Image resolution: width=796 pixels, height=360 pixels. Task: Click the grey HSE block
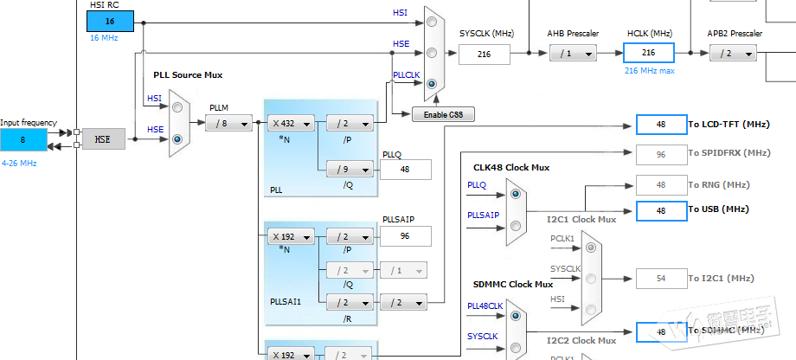tap(104, 138)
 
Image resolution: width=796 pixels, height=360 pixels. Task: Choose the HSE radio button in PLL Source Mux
tap(177, 138)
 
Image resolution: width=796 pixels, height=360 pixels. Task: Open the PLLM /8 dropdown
tap(228, 124)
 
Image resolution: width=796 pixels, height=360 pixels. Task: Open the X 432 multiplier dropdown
tap(290, 124)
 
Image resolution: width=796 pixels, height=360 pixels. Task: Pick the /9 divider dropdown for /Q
tap(349, 170)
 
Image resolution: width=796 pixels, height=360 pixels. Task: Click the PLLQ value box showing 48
tap(405, 170)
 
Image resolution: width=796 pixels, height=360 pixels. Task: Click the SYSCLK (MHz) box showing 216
tap(485, 54)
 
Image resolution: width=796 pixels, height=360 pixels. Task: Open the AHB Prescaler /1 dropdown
tap(572, 54)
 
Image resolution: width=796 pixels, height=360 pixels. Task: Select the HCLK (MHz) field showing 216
tap(648, 53)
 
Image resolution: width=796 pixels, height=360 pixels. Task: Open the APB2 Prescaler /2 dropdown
tap(732, 54)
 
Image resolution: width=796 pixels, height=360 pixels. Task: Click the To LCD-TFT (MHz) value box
tap(660, 125)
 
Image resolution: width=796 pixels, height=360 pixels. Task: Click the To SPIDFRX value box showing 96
tap(660, 153)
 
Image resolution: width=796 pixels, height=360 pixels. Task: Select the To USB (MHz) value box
tap(660, 210)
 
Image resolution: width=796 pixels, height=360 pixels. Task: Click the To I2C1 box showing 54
tap(660, 279)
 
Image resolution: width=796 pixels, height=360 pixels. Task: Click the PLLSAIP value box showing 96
tap(405, 236)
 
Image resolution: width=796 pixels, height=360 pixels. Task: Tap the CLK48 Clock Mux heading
tap(511, 167)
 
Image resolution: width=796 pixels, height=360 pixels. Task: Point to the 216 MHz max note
tap(649, 71)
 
